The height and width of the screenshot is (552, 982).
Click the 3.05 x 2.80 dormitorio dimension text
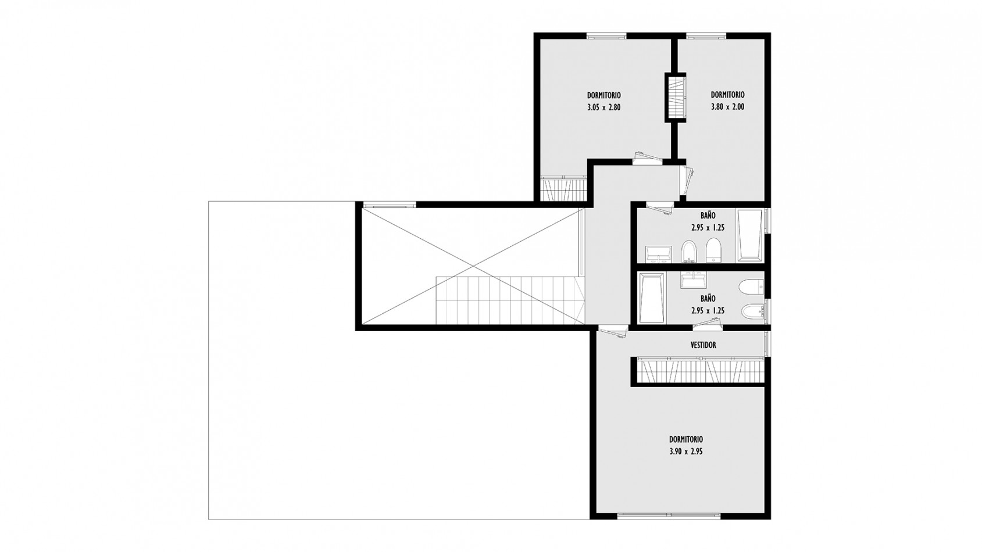[604, 107]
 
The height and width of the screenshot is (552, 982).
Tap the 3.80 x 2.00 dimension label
[727, 106]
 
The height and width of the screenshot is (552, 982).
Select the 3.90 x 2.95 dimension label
[686, 451]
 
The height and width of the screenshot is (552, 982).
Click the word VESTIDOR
[703, 345]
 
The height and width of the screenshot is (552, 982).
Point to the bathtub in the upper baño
[750, 236]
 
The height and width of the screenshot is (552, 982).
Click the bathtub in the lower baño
[651, 298]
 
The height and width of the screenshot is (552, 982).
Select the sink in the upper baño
[659, 255]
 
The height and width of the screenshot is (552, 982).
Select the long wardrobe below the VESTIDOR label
[700, 371]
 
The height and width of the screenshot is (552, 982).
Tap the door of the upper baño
[660, 209]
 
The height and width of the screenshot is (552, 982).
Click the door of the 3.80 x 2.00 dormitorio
[687, 181]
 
